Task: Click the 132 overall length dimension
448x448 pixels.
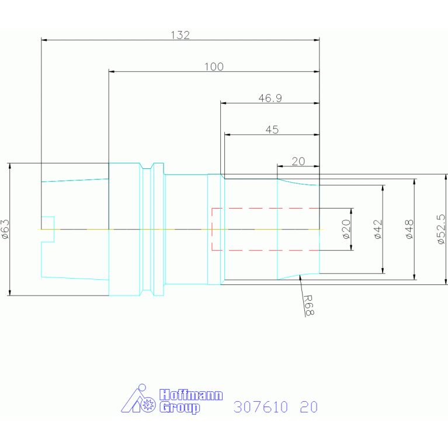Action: tap(180, 35)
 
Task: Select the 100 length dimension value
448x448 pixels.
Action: tap(214, 67)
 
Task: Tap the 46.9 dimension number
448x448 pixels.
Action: tap(270, 98)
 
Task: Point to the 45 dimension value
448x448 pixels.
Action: tap(272, 130)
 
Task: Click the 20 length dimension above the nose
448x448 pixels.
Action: tap(298, 161)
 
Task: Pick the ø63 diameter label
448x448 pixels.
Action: tap(5, 229)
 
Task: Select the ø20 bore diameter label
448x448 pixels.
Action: tap(346, 229)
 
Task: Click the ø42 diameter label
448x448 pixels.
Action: tap(378, 229)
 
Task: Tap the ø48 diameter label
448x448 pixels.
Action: tap(409, 229)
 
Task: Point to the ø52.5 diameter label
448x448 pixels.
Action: tap(441, 229)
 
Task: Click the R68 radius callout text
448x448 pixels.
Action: tap(309, 305)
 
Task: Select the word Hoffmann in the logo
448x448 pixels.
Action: tap(191, 395)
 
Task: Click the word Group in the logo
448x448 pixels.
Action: tap(180, 408)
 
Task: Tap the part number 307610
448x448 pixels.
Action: tap(261, 407)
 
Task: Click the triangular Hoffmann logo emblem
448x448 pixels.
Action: tap(138, 398)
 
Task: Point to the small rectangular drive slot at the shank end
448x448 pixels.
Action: tap(48, 229)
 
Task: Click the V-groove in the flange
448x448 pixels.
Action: tap(147, 229)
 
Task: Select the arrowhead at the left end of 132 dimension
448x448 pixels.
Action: tap(44, 40)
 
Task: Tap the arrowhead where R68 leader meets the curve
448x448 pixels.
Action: tap(300, 277)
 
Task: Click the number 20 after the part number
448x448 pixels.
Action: tap(309, 407)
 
